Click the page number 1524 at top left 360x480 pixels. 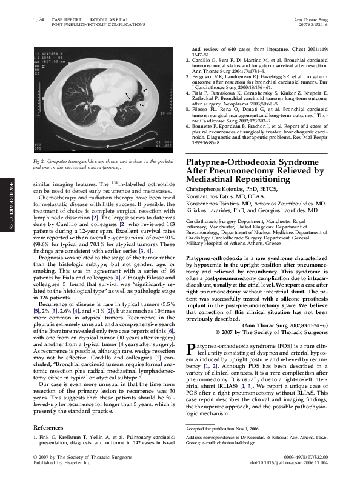tap(37, 19)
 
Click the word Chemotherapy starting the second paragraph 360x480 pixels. tap(58, 197)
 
